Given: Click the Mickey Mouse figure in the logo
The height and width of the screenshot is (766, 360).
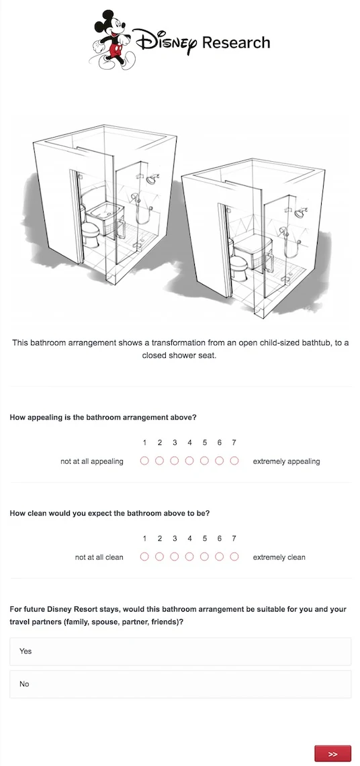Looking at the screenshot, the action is [x=110, y=39].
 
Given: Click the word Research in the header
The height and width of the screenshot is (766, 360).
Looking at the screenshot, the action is [x=236, y=42].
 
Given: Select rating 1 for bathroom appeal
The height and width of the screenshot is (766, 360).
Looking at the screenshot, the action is [x=144, y=461].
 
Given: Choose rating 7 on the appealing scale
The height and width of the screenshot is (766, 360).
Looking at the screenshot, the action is [x=234, y=461].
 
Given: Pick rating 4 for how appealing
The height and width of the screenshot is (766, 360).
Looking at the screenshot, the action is [x=189, y=461].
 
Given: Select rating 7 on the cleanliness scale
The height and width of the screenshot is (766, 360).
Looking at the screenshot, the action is [x=234, y=557].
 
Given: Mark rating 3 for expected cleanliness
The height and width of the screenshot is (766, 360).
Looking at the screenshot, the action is [x=175, y=557].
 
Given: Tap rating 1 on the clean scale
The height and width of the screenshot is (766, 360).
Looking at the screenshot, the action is [x=144, y=557].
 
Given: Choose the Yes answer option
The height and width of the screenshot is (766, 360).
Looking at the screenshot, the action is [x=180, y=651].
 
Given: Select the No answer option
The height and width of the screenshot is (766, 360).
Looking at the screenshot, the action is [x=180, y=684].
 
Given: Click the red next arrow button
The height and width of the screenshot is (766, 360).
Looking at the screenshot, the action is [x=332, y=754].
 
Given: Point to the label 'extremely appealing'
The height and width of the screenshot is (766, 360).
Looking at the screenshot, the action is [x=286, y=461].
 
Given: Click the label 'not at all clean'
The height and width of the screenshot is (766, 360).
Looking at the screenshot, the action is [x=99, y=557].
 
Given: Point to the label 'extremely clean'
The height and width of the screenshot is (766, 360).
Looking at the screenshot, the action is [x=279, y=557].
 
